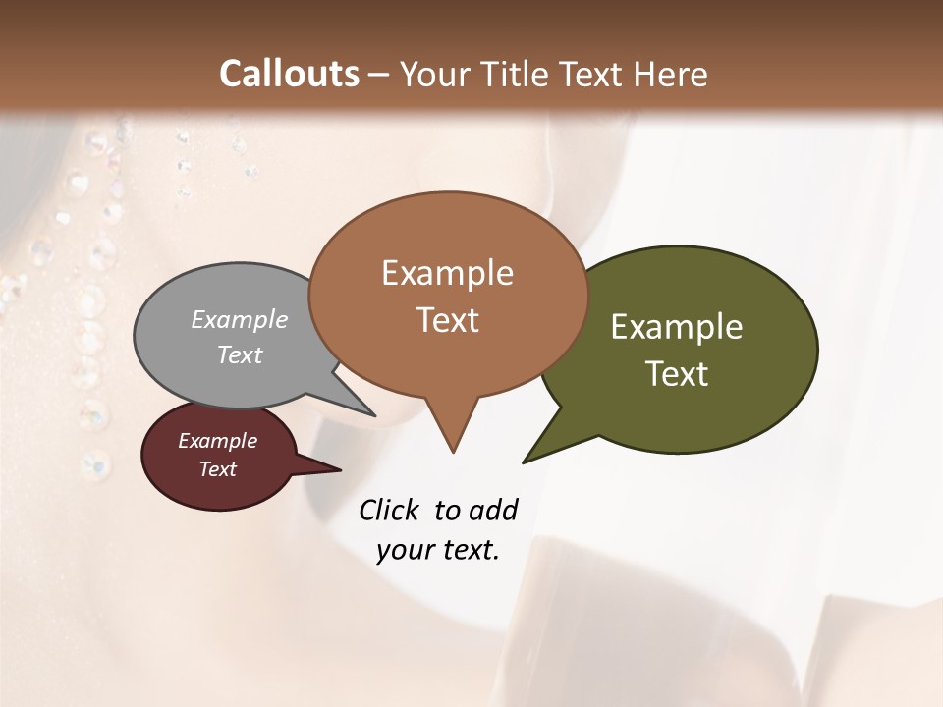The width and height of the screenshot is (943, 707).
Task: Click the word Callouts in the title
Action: coord(289,74)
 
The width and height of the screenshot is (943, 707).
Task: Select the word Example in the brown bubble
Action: coord(447,273)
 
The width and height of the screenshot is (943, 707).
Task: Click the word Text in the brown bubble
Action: coord(447,320)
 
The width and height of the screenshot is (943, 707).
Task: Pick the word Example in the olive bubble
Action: coord(677,327)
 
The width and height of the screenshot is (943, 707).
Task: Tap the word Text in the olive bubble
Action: coord(677,374)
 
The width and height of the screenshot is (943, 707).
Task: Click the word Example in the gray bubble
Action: coord(240,319)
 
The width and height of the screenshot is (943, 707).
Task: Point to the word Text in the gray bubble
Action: coord(240,354)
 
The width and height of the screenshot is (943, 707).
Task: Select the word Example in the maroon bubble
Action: coord(217,441)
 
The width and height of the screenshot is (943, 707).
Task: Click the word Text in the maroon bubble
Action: coord(217,469)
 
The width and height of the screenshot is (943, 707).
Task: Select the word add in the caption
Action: coord(493,510)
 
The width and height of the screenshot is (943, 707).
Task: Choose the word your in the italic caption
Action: coord(403,550)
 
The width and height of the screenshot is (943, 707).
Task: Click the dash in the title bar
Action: coord(379,75)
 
